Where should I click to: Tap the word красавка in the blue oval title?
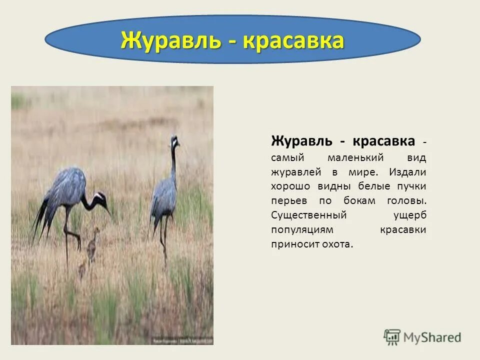(294, 41)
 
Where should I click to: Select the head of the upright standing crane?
(174, 141)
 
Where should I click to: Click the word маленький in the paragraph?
(355, 157)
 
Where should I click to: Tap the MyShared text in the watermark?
(433, 337)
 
